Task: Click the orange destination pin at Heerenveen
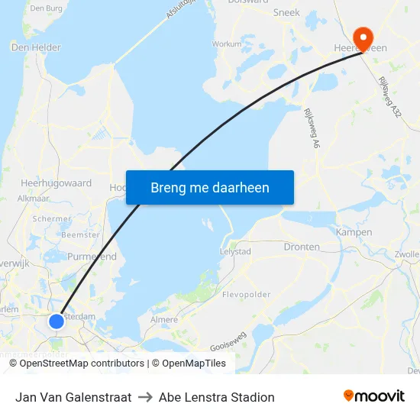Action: click(x=361, y=35)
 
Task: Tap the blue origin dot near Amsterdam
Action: click(x=57, y=321)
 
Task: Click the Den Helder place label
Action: click(x=36, y=47)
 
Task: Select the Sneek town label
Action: click(x=286, y=13)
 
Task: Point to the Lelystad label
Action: click(x=235, y=251)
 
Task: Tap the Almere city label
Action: click(x=165, y=320)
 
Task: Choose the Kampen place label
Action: click(x=354, y=232)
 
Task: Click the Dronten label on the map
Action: click(x=302, y=247)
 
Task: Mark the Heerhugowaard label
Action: click(x=57, y=183)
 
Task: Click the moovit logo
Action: click(x=373, y=396)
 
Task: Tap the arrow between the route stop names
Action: click(x=145, y=397)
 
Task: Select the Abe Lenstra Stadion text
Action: click(x=216, y=397)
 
